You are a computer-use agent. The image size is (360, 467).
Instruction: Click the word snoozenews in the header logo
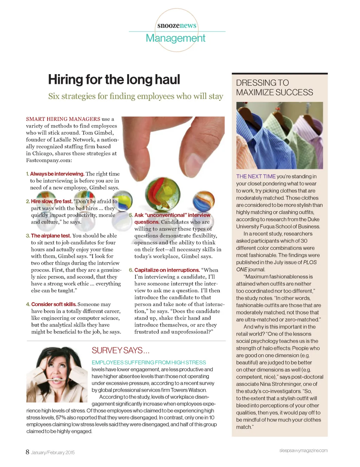pyautogui.click(x=177, y=25)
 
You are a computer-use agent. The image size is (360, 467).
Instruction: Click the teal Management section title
pyautogui.click(x=175, y=38)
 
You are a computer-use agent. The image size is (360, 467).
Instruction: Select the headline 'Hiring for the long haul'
pyautogui.click(x=114, y=79)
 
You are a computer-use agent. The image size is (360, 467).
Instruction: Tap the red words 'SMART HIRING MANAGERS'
pyautogui.click(x=63, y=119)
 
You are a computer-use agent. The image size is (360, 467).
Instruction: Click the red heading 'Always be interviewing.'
pyautogui.click(x=57, y=174)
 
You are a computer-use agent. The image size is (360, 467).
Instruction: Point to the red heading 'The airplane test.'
pyautogui.click(x=51, y=236)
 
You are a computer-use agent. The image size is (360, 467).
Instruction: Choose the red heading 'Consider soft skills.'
pyautogui.click(x=53, y=304)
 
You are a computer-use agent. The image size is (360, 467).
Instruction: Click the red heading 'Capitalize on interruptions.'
pyautogui.click(x=167, y=270)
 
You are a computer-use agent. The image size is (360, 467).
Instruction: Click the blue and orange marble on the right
pyautogui.click(x=203, y=201)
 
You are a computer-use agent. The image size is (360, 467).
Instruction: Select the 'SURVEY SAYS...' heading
pyautogui.click(x=121, y=350)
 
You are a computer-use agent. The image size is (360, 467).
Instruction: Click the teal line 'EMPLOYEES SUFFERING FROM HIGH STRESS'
pyautogui.click(x=149, y=362)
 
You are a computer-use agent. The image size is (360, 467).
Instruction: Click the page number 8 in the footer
pyautogui.click(x=27, y=452)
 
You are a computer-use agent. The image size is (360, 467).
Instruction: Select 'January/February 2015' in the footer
pyautogui.click(x=53, y=453)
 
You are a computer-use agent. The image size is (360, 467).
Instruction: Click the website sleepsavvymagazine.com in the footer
pyautogui.click(x=303, y=450)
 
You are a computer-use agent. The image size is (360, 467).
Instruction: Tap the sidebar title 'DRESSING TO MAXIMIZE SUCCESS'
pyautogui.click(x=274, y=87)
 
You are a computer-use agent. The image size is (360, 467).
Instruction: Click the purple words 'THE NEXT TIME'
pyautogui.click(x=256, y=176)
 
